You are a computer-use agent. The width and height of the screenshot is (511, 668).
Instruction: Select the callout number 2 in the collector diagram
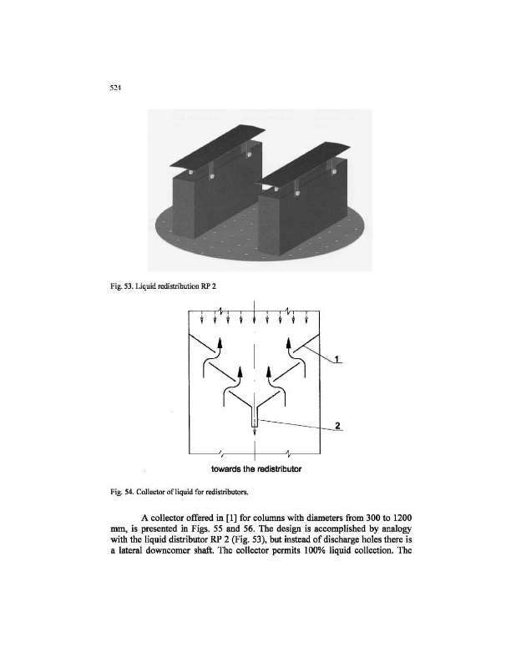[x=336, y=427]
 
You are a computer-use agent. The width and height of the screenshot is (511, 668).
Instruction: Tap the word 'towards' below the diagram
[x=217, y=468]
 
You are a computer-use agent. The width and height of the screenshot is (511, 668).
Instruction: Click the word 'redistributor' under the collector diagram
[x=277, y=468]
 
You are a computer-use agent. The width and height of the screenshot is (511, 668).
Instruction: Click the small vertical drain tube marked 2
[x=255, y=424]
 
